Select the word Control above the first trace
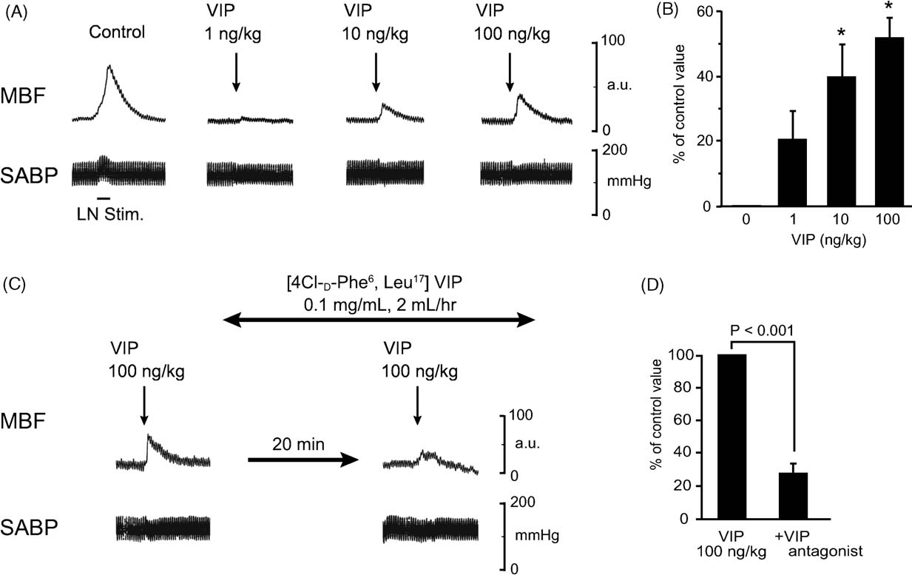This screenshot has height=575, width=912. (117, 33)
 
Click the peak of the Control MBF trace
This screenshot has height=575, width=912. (109, 66)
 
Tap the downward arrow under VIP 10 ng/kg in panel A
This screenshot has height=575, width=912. (375, 72)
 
